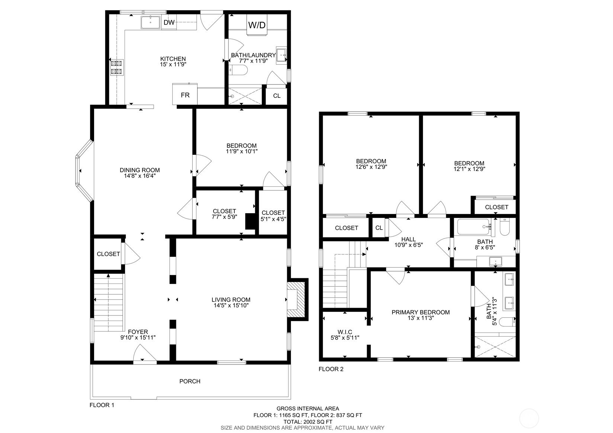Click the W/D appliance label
click(x=257, y=25)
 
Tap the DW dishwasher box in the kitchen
click(x=169, y=23)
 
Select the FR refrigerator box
click(x=185, y=95)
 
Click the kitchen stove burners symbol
click(x=116, y=67)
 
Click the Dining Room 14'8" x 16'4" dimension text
click(x=139, y=176)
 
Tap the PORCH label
click(x=190, y=381)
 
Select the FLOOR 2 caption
click(x=331, y=369)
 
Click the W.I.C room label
click(x=345, y=332)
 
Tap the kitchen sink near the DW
click(x=150, y=22)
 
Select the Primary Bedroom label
click(x=420, y=312)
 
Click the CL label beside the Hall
click(x=379, y=228)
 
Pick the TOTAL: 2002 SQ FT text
click(x=308, y=422)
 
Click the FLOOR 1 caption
click(x=102, y=405)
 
